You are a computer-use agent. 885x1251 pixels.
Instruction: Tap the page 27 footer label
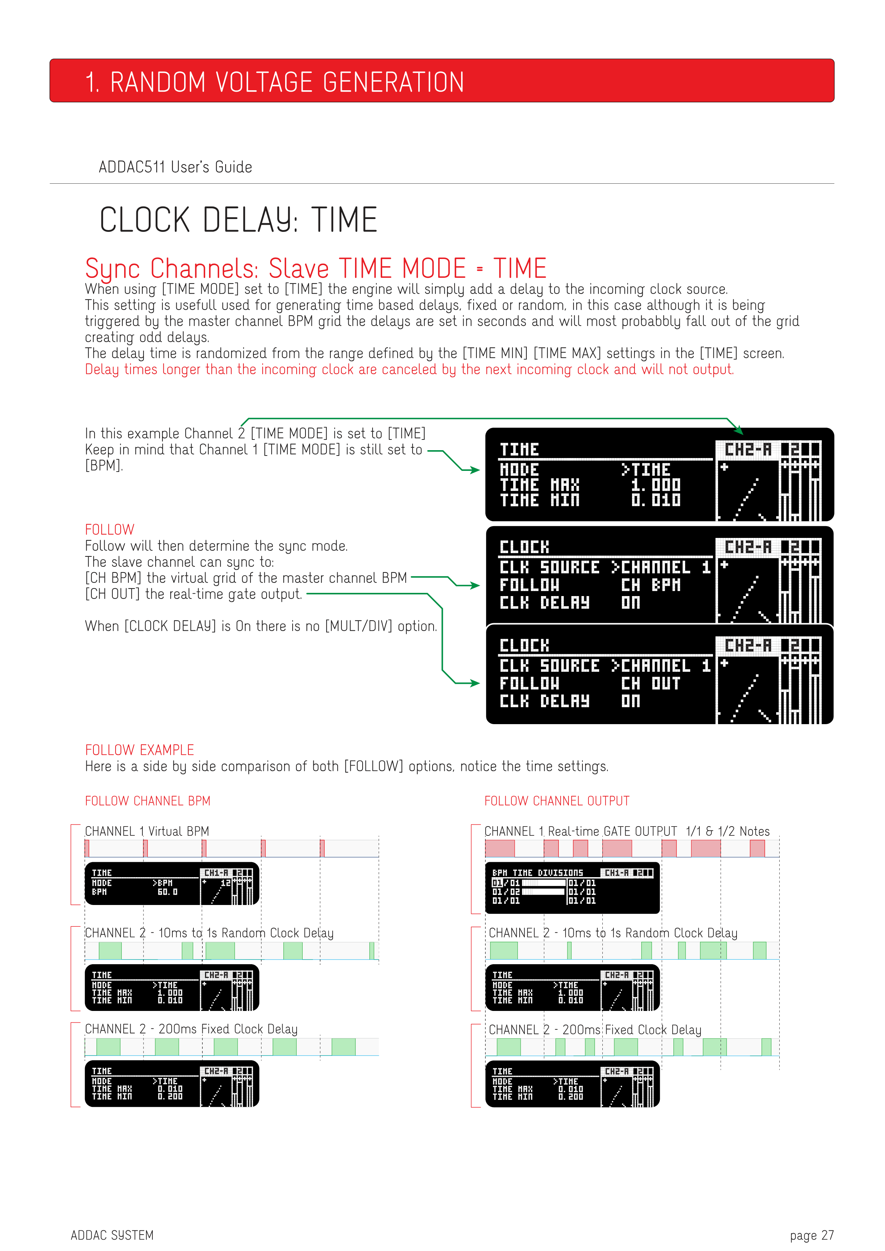(811, 1235)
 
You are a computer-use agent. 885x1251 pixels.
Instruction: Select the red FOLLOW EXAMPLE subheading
(140, 750)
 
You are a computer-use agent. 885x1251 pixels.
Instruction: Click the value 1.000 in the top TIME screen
(656, 484)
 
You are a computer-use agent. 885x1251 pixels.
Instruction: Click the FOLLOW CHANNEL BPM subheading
(148, 801)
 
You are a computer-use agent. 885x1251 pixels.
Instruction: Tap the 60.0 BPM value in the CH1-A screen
(167, 892)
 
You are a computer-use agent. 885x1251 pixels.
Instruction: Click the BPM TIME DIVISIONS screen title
(537, 873)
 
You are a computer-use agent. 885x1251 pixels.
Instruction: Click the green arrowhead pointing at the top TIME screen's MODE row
(474, 470)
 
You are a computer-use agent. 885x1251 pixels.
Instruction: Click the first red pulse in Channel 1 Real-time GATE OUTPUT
(500, 848)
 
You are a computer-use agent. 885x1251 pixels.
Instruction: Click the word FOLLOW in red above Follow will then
(110, 530)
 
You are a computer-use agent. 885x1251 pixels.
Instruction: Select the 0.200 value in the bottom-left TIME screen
(170, 1096)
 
